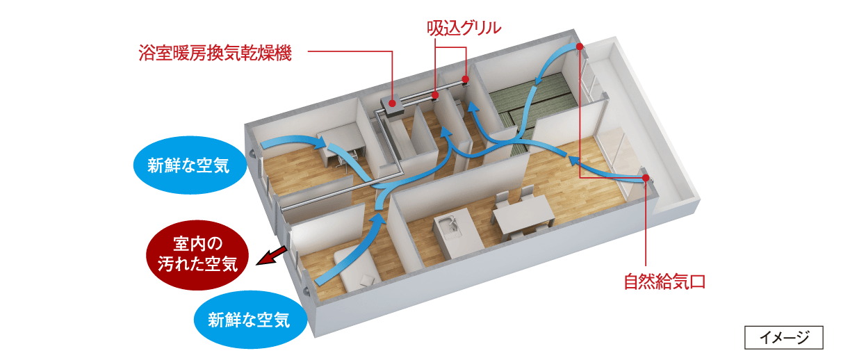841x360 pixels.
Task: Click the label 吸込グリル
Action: coord(464,28)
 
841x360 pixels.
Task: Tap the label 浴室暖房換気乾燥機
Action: coord(215,53)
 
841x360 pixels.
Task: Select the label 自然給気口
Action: coord(664,281)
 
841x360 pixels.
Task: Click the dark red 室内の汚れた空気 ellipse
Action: coord(197,254)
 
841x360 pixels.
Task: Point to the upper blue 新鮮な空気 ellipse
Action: coord(189,165)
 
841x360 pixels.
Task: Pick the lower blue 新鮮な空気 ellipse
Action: coord(250,320)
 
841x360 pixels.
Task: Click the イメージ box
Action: coord(784,337)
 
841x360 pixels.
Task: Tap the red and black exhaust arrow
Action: coord(271,256)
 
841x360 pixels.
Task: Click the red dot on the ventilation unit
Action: coord(392,102)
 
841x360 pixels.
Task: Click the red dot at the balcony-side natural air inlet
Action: coord(644,177)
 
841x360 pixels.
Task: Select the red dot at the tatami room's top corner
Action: coord(580,47)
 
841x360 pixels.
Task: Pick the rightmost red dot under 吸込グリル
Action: coord(465,79)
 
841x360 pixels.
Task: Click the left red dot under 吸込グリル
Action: coord(435,95)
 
